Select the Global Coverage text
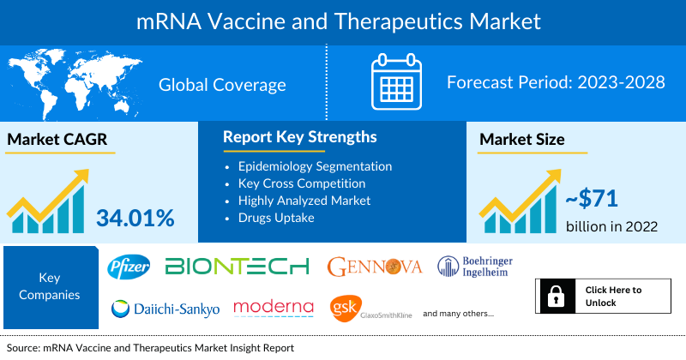click(222, 84)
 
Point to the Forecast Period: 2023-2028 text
click(556, 83)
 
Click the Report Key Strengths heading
click(299, 137)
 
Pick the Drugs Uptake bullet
click(275, 217)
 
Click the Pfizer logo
click(129, 267)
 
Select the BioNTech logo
click(237, 267)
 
